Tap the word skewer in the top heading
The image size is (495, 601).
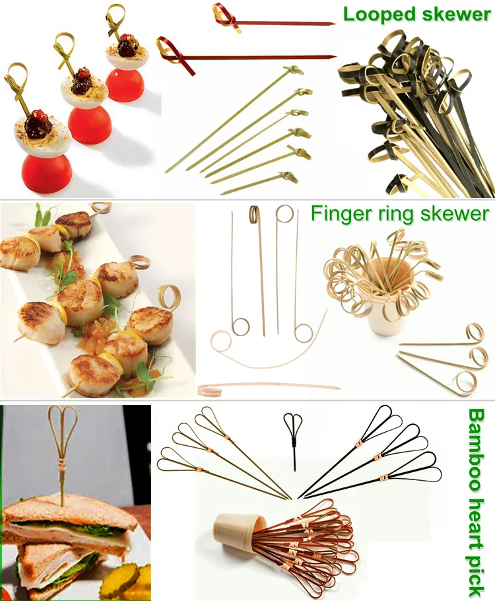(456, 15)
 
